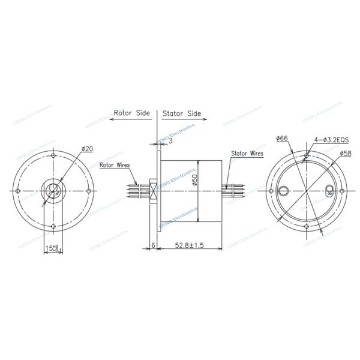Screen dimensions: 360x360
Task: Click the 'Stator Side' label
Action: [180, 112]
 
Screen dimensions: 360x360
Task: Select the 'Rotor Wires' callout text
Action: [115, 164]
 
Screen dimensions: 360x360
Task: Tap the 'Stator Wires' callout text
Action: [247, 154]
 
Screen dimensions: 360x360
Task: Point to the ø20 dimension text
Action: [85, 148]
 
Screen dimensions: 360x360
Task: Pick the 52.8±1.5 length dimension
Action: [189, 245]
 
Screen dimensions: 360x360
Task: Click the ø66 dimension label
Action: [283, 139]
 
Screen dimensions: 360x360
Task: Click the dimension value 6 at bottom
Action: [153, 245]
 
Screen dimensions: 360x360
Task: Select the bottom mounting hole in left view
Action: [54, 226]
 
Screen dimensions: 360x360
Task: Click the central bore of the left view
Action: [54, 191]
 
